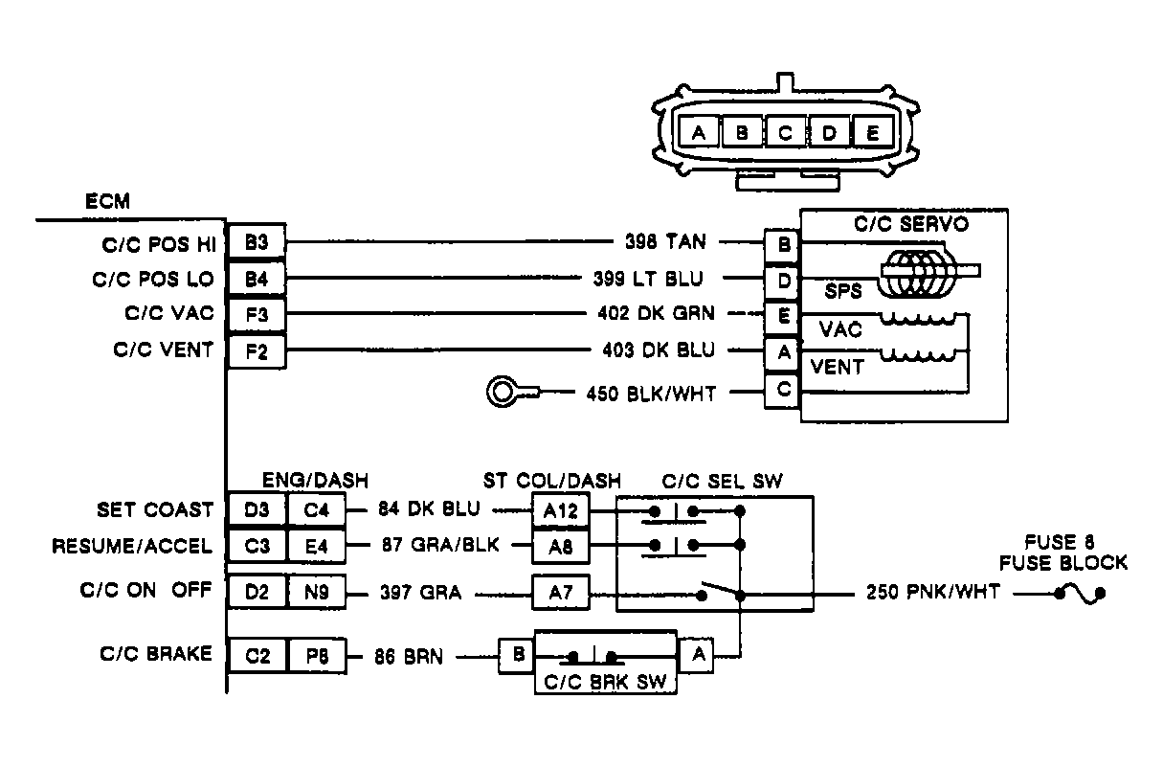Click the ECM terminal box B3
coord(256,244)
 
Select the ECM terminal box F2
coord(256,350)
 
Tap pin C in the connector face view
coord(785,133)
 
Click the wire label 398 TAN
coord(665,243)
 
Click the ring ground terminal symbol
coord(504,392)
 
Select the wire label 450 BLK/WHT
coord(651,392)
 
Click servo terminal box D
coord(784,279)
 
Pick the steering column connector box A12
coord(561,510)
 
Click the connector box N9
coord(315,593)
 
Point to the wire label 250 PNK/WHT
coord(933,593)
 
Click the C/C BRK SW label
coord(605,683)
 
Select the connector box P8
coord(315,656)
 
